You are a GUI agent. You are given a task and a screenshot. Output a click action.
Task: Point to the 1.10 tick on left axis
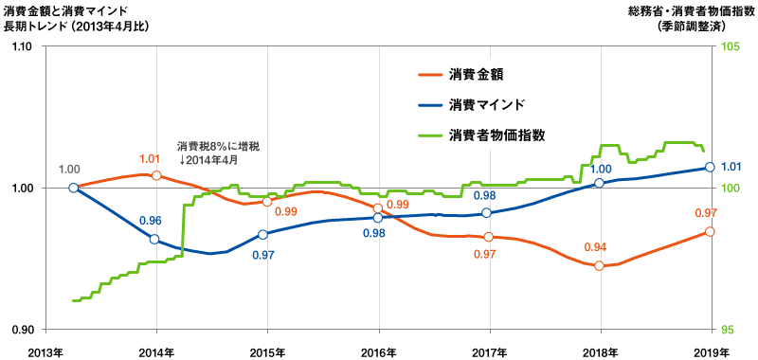(23, 46)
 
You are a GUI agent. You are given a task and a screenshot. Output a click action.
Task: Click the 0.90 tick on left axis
(23, 330)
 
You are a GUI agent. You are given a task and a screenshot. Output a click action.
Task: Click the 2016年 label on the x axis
(379, 351)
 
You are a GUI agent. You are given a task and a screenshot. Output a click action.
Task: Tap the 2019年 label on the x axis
(712, 351)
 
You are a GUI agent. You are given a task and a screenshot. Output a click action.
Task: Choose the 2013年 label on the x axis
(45, 351)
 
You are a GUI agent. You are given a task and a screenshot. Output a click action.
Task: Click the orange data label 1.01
(150, 159)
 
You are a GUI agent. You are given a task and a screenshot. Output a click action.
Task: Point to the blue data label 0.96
(150, 221)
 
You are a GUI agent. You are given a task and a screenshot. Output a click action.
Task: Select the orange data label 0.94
(594, 247)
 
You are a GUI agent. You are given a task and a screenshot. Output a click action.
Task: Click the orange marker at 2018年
(599, 266)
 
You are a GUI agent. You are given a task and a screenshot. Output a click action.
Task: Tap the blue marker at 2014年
(154, 239)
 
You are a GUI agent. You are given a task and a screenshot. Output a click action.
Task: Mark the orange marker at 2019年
(710, 231)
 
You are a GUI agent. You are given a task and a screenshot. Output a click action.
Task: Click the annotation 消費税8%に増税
(218, 146)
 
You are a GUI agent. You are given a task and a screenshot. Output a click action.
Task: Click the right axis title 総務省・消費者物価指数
(691, 10)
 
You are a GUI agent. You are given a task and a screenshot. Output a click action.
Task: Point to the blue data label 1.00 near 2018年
(600, 169)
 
